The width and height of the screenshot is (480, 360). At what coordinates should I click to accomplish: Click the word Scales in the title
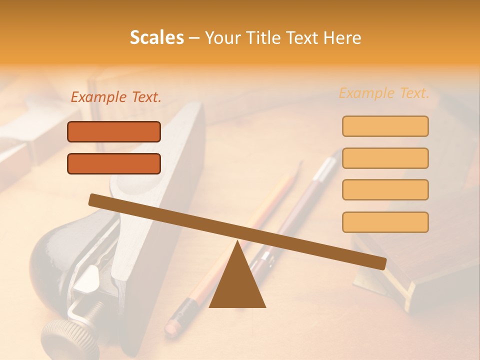pos(157,38)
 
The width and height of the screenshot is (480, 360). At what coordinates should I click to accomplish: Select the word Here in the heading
pos(342,38)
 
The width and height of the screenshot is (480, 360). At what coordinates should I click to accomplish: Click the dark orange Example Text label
pos(116,97)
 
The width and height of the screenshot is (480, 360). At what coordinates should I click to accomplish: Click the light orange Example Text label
pos(384,93)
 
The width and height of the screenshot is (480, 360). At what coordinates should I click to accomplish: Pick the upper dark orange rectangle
pos(114,132)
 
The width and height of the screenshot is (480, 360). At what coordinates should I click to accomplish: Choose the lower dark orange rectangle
pos(114,163)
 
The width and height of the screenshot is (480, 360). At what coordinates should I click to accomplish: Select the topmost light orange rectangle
pos(385,126)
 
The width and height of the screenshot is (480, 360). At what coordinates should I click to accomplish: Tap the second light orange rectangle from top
pos(385,158)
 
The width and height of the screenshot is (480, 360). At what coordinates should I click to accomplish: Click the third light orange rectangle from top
pos(385,190)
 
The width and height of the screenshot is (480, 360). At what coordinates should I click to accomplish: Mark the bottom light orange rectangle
pos(385,222)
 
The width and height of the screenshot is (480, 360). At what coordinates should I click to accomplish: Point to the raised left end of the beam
pos(95,200)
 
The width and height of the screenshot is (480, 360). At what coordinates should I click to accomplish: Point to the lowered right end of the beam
pos(380,263)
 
